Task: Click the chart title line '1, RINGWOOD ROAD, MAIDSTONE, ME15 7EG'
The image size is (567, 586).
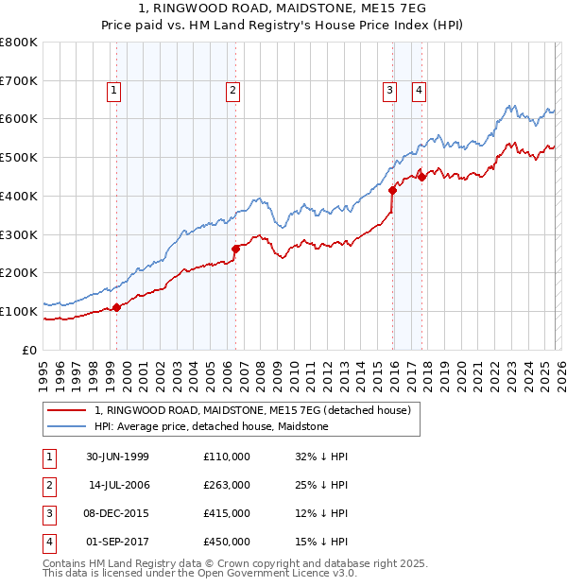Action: click(x=283, y=9)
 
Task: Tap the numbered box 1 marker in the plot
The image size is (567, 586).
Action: click(x=114, y=91)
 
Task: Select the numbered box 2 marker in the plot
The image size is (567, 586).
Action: click(x=232, y=91)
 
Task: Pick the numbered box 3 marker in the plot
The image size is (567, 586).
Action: click(x=389, y=91)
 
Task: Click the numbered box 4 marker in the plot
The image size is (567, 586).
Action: click(x=418, y=91)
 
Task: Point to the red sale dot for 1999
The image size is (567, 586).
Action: click(x=117, y=307)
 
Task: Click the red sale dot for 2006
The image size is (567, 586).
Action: click(x=235, y=249)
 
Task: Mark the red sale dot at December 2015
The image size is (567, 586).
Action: click(x=392, y=190)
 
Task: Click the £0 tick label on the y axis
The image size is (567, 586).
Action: click(x=29, y=350)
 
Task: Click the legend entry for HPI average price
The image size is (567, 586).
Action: click(x=211, y=426)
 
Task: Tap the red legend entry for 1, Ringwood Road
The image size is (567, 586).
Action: click(x=252, y=410)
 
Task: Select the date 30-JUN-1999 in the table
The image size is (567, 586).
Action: click(x=117, y=457)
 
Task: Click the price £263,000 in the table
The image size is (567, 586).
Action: click(x=226, y=485)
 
